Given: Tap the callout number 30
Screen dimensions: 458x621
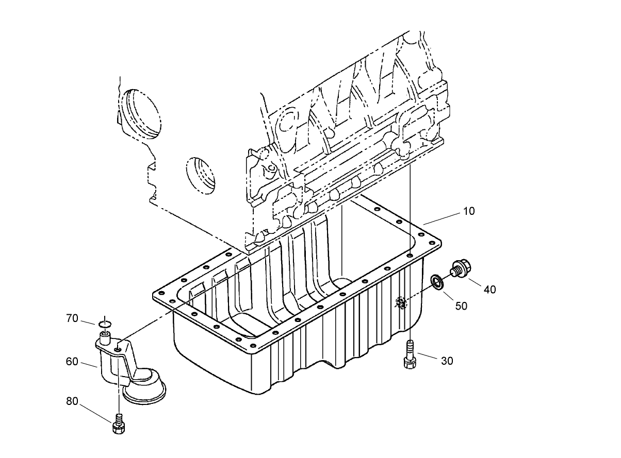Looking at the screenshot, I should click(447, 361).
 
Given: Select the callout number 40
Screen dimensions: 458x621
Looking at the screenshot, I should click(489, 290).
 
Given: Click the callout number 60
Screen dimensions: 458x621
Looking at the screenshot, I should click(72, 362).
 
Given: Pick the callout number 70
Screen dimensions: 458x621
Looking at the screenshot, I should click(72, 319).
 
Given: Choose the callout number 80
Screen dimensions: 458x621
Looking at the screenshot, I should click(72, 401).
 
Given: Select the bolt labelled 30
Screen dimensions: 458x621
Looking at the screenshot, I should click(410, 355).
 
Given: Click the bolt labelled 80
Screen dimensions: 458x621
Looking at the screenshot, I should click(119, 425).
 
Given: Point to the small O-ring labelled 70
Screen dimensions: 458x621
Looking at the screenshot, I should click(105, 324).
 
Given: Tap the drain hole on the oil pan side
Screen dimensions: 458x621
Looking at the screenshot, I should click(401, 302).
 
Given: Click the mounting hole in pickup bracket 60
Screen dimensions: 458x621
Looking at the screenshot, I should click(119, 349).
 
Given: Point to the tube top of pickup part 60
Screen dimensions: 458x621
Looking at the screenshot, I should click(105, 337).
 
